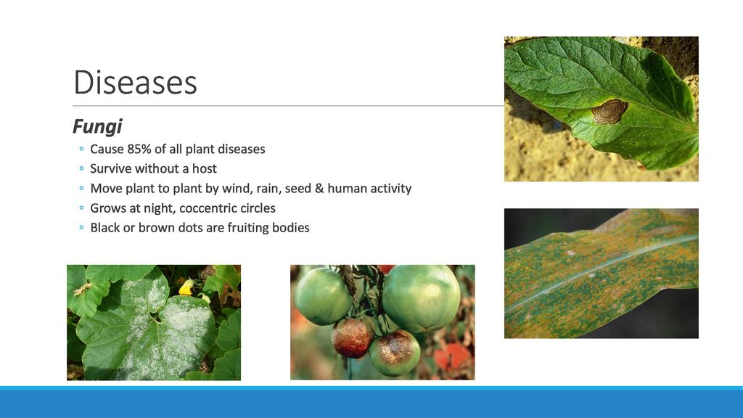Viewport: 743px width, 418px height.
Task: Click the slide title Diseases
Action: pos(135,83)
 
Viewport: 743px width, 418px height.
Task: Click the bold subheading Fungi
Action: pos(97,126)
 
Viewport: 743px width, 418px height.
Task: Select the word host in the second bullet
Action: pos(204,168)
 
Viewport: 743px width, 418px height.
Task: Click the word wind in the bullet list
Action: pos(235,189)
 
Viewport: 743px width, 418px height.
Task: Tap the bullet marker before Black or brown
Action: pos(81,228)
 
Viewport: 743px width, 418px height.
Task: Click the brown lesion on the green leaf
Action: pos(609,111)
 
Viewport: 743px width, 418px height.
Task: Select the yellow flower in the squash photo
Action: pos(187,287)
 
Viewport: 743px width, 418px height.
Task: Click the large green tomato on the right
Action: pos(421,298)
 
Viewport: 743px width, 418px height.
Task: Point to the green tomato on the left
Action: pos(323,297)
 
